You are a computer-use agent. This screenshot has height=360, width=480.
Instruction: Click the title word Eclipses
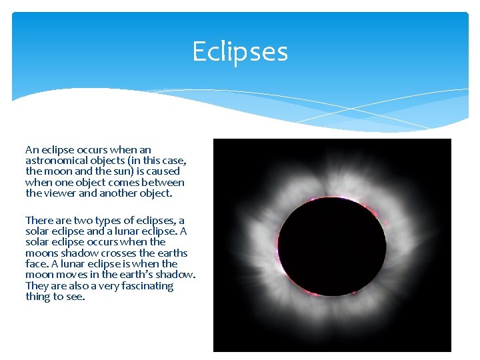[240, 51]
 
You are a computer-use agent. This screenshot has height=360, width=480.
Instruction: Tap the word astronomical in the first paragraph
[55, 161]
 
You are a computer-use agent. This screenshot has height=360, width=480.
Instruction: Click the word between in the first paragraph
[167, 183]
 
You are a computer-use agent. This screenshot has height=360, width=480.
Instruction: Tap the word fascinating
[143, 286]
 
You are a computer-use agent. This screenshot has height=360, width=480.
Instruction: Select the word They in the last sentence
[37, 286]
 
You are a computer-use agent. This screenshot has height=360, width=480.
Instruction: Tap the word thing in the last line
[38, 297]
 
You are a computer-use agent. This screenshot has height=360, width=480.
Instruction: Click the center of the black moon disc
[331, 246]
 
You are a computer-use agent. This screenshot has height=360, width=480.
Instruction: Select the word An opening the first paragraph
[32, 150]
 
